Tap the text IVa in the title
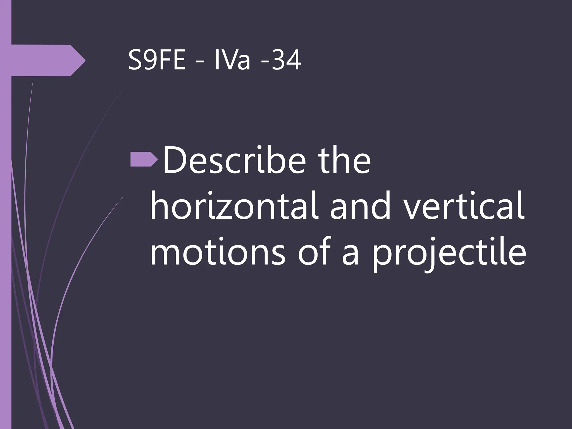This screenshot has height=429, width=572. tap(232, 61)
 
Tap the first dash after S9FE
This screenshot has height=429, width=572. tap(200, 63)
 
